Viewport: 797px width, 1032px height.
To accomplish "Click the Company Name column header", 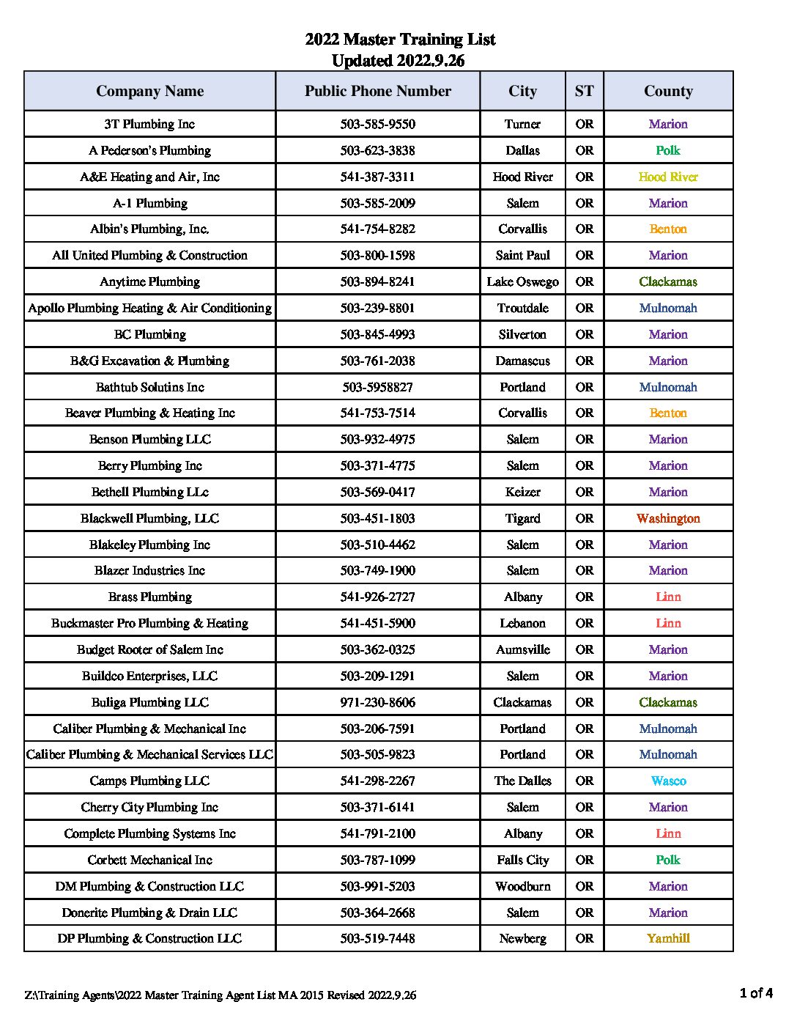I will click(x=149, y=91).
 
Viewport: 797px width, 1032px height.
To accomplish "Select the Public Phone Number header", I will click(x=377, y=91).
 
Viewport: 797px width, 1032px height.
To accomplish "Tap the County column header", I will click(x=668, y=91).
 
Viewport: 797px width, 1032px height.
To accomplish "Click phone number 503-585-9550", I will click(x=377, y=124).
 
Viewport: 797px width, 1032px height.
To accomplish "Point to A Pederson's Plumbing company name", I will click(x=149, y=150).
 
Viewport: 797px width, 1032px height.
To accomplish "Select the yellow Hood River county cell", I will click(x=668, y=177).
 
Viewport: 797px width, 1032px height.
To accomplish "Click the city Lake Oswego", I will click(x=522, y=281).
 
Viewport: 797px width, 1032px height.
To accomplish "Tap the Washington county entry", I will click(x=668, y=518).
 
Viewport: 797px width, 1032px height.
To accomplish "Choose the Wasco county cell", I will click(x=668, y=781).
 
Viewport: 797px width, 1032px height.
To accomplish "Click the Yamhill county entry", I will click(x=668, y=938).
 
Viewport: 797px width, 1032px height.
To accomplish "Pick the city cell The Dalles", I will click(x=522, y=781).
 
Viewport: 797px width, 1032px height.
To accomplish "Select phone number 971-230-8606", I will click(x=377, y=702).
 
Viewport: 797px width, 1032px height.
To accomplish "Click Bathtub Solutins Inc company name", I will click(x=149, y=387).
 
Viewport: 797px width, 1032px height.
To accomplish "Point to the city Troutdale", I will click(x=522, y=308).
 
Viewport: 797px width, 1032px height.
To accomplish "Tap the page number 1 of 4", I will click(x=756, y=993).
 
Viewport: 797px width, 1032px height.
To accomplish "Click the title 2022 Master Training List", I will click(x=400, y=40).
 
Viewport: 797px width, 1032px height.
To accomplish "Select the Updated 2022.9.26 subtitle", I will click(x=398, y=61).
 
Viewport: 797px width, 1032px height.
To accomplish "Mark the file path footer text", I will click(x=220, y=995).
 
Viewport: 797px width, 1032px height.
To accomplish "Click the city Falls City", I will click(x=522, y=860).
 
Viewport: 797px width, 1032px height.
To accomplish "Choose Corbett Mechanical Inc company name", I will click(x=149, y=860).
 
